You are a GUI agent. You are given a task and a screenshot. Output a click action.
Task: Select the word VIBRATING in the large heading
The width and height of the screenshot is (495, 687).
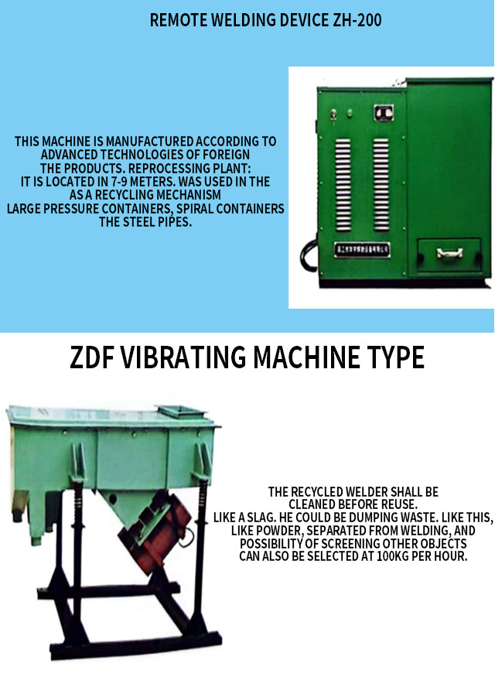click(183, 357)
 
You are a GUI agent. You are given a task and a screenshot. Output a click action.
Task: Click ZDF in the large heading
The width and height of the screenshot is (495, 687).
click(92, 357)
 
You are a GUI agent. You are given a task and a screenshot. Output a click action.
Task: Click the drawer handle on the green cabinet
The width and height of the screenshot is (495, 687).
click(449, 253)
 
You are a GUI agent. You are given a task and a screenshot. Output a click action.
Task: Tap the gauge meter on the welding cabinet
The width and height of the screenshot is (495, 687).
click(384, 113)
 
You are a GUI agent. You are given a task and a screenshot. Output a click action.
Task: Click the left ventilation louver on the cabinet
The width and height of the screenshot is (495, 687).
click(343, 185)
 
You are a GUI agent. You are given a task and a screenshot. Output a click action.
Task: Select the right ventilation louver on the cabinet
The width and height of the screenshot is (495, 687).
click(381, 185)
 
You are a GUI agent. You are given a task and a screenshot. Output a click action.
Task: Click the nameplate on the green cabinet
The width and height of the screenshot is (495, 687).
click(362, 250)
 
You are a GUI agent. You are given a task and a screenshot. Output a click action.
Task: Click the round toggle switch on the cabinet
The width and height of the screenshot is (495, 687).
click(333, 114)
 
